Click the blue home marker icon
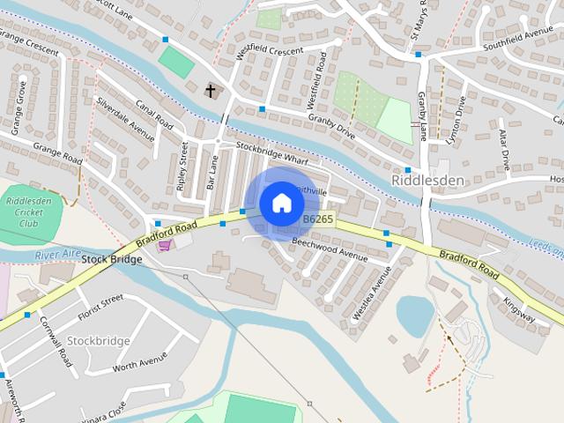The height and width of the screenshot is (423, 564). (281, 203)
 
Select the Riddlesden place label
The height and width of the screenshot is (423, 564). (427, 180)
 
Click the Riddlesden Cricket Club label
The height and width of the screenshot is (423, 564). (27, 212)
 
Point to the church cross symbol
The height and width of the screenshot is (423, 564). (211, 90)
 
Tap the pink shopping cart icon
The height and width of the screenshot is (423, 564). (163, 245)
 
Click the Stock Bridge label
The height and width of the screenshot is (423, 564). (112, 260)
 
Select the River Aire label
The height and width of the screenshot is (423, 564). (57, 255)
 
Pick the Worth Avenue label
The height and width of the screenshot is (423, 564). (140, 361)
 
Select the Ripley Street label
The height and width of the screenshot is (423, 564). (183, 166)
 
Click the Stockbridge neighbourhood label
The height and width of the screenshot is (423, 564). (99, 340)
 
